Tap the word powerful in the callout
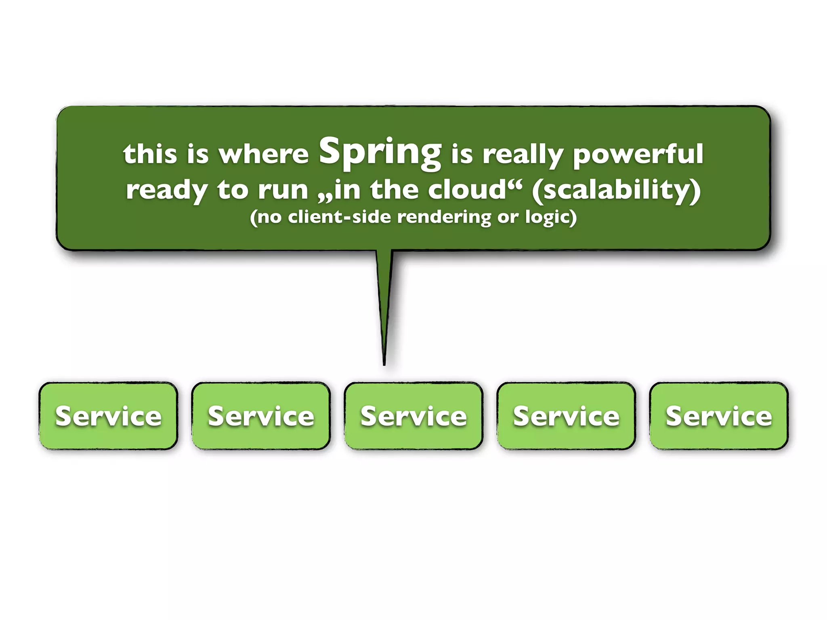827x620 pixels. coord(638,154)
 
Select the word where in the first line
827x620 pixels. coord(263,154)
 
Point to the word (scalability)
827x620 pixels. coord(616,190)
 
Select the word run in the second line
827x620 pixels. coord(283,190)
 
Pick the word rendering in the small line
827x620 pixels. coord(444,218)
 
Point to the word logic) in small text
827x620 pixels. coord(551,218)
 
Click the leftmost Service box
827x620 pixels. coord(108,416)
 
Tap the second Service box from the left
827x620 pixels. coord(261,416)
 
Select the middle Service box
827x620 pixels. coord(413,416)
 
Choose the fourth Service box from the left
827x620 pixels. coord(566,416)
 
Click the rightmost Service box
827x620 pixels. coord(719,416)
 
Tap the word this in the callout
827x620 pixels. coord(150,154)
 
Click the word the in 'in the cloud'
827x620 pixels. coord(395,189)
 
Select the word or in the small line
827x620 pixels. coord(508,218)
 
